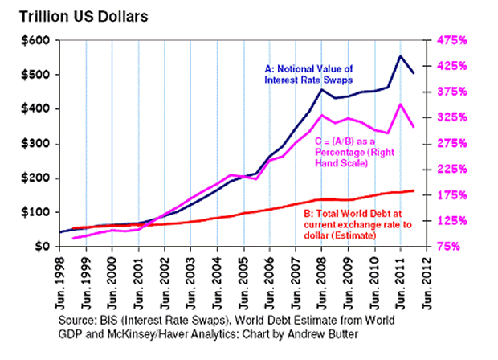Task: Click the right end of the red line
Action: pyautogui.click(x=414, y=190)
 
